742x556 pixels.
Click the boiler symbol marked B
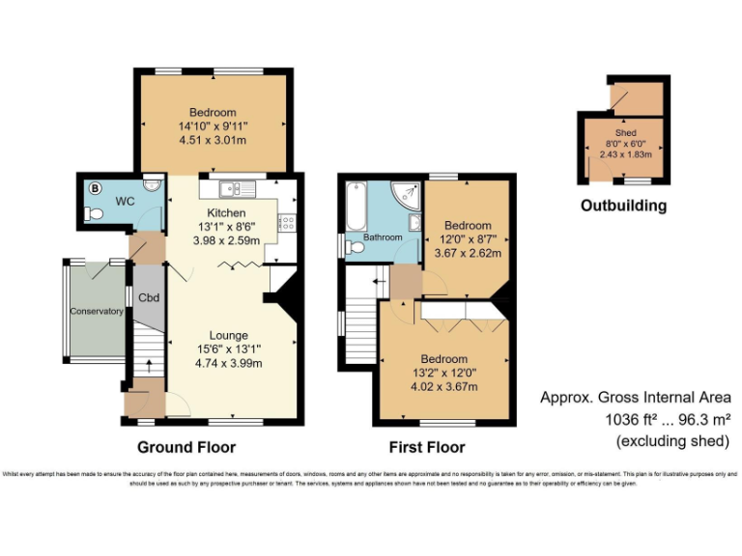pyautogui.click(x=95, y=188)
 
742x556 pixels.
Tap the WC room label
pyautogui.click(x=124, y=201)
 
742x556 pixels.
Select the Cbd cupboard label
pyautogui.click(x=148, y=298)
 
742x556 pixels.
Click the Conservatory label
pyautogui.click(x=96, y=311)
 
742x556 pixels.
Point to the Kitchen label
pyautogui.click(x=226, y=212)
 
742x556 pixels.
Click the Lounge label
pyautogui.click(x=230, y=335)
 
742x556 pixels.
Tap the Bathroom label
pyautogui.click(x=383, y=236)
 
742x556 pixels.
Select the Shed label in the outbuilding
pyautogui.click(x=625, y=132)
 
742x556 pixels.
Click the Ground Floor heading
pyautogui.click(x=185, y=447)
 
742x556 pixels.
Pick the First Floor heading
pyautogui.click(x=426, y=447)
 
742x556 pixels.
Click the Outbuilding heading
pyautogui.click(x=623, y=206)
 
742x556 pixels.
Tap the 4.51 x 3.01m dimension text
pyautogui.click(x=213, y=140)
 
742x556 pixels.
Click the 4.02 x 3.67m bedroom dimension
pyautogui.click(x=444, y=387)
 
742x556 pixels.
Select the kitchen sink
pyautogui.click(x=235, y=188)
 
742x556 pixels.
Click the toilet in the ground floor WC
pyautogui.click(x=94, y=215)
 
